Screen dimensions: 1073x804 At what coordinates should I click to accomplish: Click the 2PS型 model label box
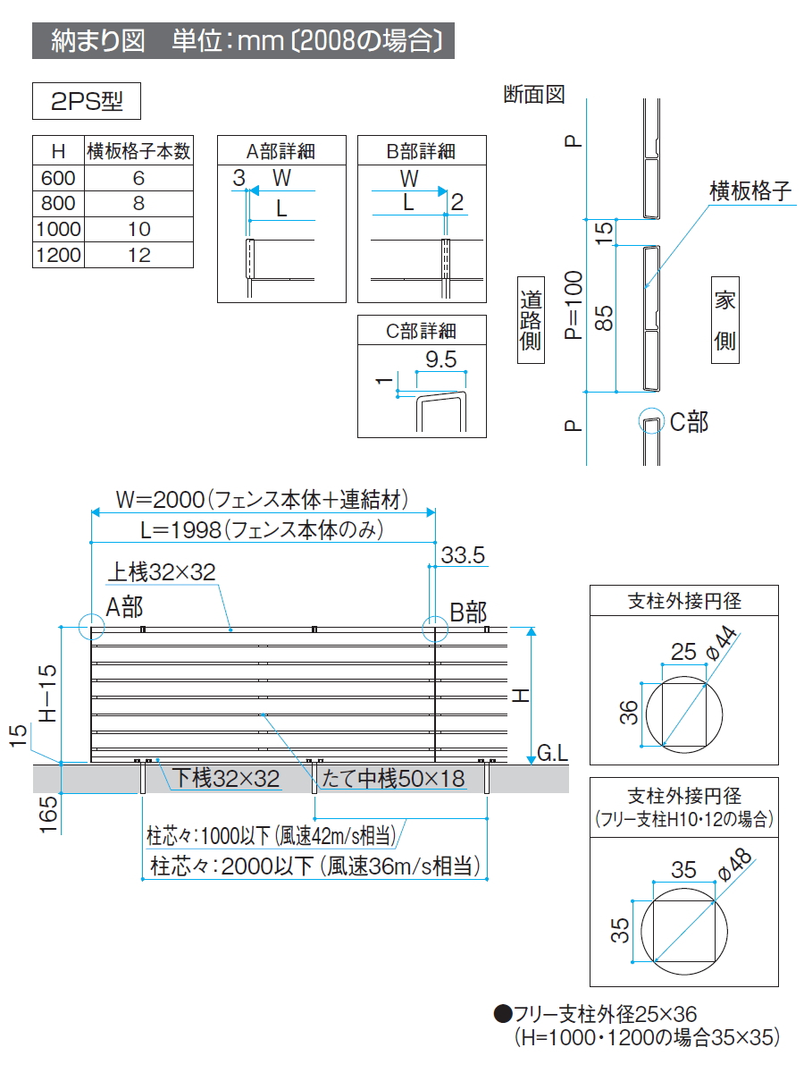click(87, 102)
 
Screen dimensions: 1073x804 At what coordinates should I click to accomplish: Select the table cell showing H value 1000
click(58, 229)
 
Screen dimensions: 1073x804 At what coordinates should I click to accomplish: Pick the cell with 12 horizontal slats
click(138, 255)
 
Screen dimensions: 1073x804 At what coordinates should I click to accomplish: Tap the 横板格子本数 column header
click(138, 150)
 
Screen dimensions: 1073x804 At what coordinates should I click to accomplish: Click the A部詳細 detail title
click(281, 150)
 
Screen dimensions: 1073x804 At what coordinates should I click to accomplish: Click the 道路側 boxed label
click(531, 320)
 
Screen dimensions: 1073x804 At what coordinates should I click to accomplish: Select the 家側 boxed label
click(724, 320)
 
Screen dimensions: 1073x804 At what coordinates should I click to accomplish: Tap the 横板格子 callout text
click(750, 191)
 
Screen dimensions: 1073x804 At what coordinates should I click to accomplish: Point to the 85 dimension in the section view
click(605, 319)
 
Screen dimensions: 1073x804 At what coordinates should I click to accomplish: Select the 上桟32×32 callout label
click(163, 572)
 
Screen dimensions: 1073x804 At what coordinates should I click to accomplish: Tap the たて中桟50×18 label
click(394, 779)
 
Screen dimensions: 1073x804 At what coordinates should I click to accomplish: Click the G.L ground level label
click(553, 753)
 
